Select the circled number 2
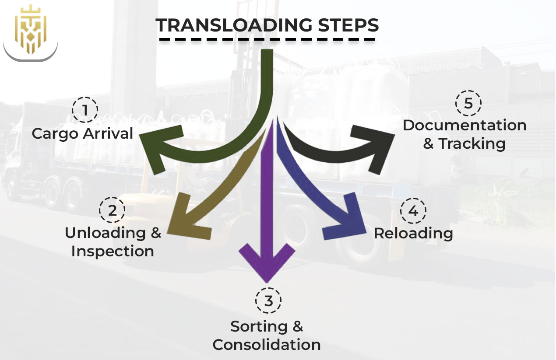click(113, 210)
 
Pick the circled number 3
click(268, 301)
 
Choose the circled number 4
click(413, 211)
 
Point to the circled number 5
click(468, 104)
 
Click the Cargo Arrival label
click(82, 133)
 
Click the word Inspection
click(113, 251)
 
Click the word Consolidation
click(267, 345)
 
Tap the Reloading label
click(413, 233)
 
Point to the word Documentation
click(465, 125)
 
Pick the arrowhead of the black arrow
click(377, 144)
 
